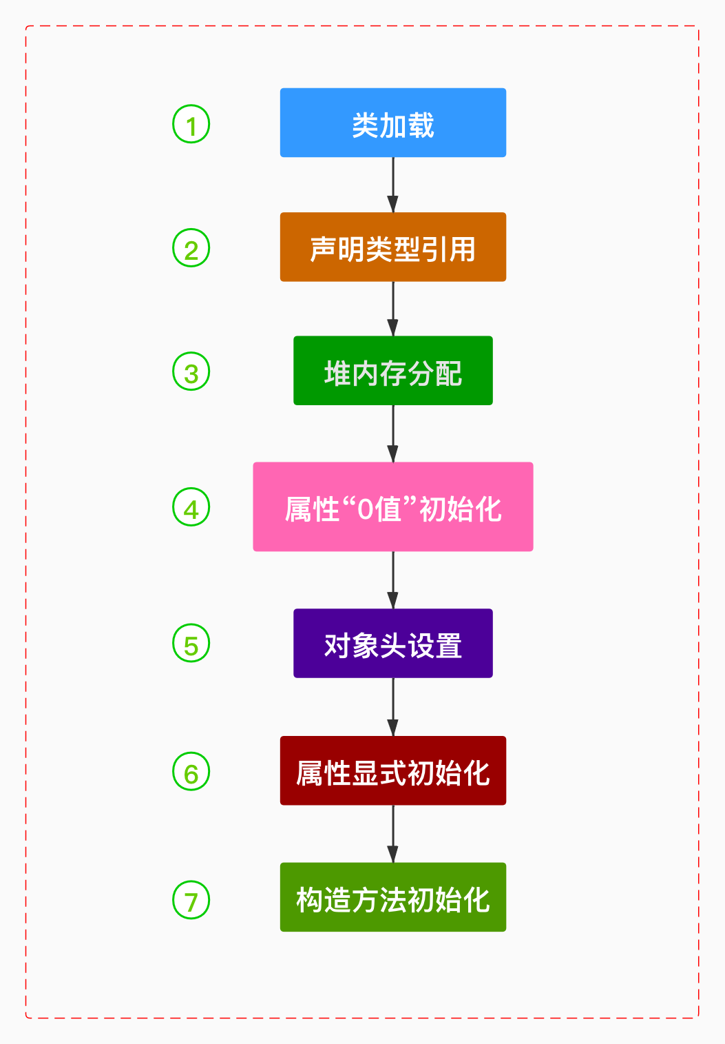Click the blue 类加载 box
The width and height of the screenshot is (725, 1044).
tap(392, 123)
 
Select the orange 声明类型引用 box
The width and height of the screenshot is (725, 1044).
tap(392, 247)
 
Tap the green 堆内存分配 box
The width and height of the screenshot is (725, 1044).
tap(392, 371)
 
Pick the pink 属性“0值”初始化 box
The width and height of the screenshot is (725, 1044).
tap(392, 506)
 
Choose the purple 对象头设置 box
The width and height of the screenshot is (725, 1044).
tap(392, 643)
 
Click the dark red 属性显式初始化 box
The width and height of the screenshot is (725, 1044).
tap(392, 770)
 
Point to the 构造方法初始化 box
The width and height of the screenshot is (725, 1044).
tap(392, 897)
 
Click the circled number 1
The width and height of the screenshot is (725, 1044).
tap(191, 124)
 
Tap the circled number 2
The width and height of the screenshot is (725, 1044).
tap(191, 248)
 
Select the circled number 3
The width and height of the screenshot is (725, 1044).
tap(191, 371)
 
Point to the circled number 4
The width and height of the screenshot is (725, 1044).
tap(191, 507)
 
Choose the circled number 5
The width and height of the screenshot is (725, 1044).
tap(191, 643)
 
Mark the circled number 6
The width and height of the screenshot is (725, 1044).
tap(191, 771)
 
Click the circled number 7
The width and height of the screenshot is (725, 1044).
tap(191, 899)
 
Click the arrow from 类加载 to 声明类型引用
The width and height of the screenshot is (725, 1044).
tap(392, 185)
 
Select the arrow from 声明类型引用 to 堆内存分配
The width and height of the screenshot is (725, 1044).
tap(392, 309)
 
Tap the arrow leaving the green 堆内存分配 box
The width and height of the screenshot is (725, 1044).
tap(392, 433)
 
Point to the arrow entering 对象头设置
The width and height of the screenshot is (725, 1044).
tap(392, 580)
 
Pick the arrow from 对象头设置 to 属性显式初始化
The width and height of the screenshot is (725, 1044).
tap(392, 707)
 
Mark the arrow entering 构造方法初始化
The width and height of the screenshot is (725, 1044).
tap(392, 834)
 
